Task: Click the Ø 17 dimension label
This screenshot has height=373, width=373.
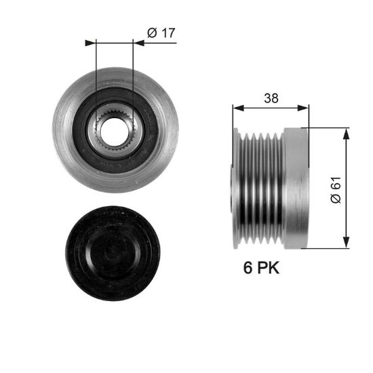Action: coord(161,33)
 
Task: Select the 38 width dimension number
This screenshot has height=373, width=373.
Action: coord(271,98)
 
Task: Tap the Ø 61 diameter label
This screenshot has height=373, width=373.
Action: coord(336,190)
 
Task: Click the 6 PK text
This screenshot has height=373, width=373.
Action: coord(261,267)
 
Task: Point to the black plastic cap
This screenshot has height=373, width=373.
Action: coord(113,254)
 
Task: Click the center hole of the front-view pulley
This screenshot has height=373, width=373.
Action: coord(113,132)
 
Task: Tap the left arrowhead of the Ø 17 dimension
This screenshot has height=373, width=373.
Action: coord(90,43)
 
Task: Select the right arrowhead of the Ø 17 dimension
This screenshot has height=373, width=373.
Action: coord(138,43)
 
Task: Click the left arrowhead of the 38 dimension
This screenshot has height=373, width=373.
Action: coord(239,109)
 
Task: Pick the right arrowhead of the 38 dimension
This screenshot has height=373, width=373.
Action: coord(303,109)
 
